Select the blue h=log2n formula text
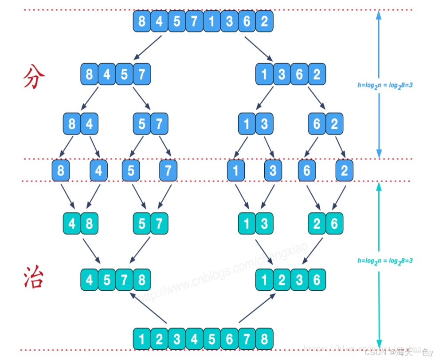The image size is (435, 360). point(385,84)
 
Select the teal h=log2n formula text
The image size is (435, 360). point(385,261)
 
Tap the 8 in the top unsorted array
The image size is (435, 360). point(142,21)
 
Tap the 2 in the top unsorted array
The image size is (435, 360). point(264,21)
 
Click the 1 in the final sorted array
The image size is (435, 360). point(142,339)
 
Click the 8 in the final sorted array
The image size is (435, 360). point(264,339)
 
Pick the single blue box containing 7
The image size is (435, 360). point(168,170)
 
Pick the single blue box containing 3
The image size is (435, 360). point(273,170)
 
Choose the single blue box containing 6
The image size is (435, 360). point(307,170)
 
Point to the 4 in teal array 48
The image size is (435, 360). point(72,224)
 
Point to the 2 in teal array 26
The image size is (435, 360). point(317,224)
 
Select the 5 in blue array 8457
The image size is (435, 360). point(124,74)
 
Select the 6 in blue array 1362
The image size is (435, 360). point(299,74)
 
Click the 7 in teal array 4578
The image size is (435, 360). point(124,280)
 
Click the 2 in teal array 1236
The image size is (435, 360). point(282,280)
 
